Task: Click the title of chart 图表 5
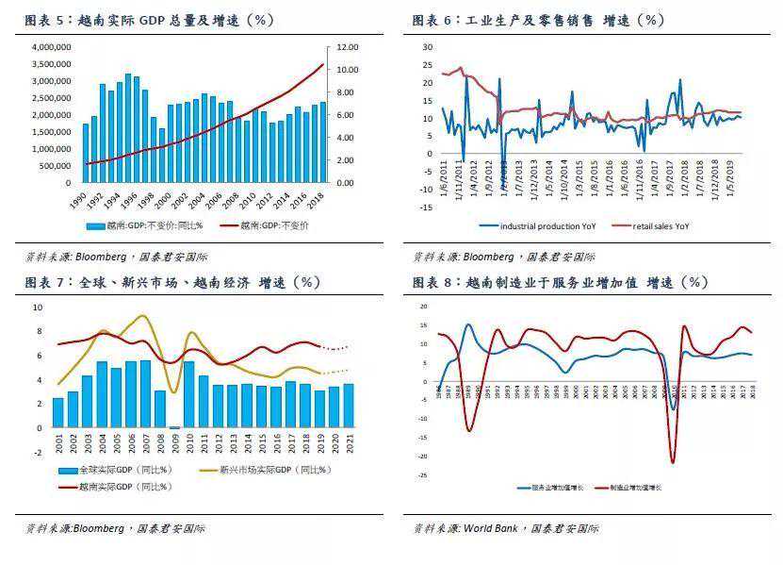tap(149, 20)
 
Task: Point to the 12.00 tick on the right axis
tap(348, 46)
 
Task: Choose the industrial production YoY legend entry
tap(538, 226)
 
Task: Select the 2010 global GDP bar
tap(189, 394)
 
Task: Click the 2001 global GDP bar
tap(58, 412)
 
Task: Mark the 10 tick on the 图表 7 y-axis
tap(38, 307)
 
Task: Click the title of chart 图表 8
tap(559, 282)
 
